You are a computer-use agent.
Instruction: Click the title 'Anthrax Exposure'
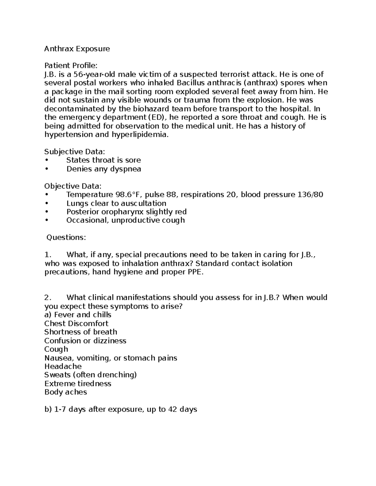point(77,49)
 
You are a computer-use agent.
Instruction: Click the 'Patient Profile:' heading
point(71,66)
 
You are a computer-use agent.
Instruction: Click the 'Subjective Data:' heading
point(75,152)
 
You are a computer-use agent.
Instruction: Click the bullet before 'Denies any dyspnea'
point(47,169)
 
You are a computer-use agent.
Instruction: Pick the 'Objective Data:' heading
point(73,186)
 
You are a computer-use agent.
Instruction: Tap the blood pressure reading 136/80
point(310,195)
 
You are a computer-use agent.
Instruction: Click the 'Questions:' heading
point(66,238)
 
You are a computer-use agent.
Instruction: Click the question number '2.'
point(48,297)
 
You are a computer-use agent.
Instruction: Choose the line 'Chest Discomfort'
point(76,324)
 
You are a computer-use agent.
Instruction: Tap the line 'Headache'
point(63,366)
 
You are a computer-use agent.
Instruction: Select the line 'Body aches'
point(65,392)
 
